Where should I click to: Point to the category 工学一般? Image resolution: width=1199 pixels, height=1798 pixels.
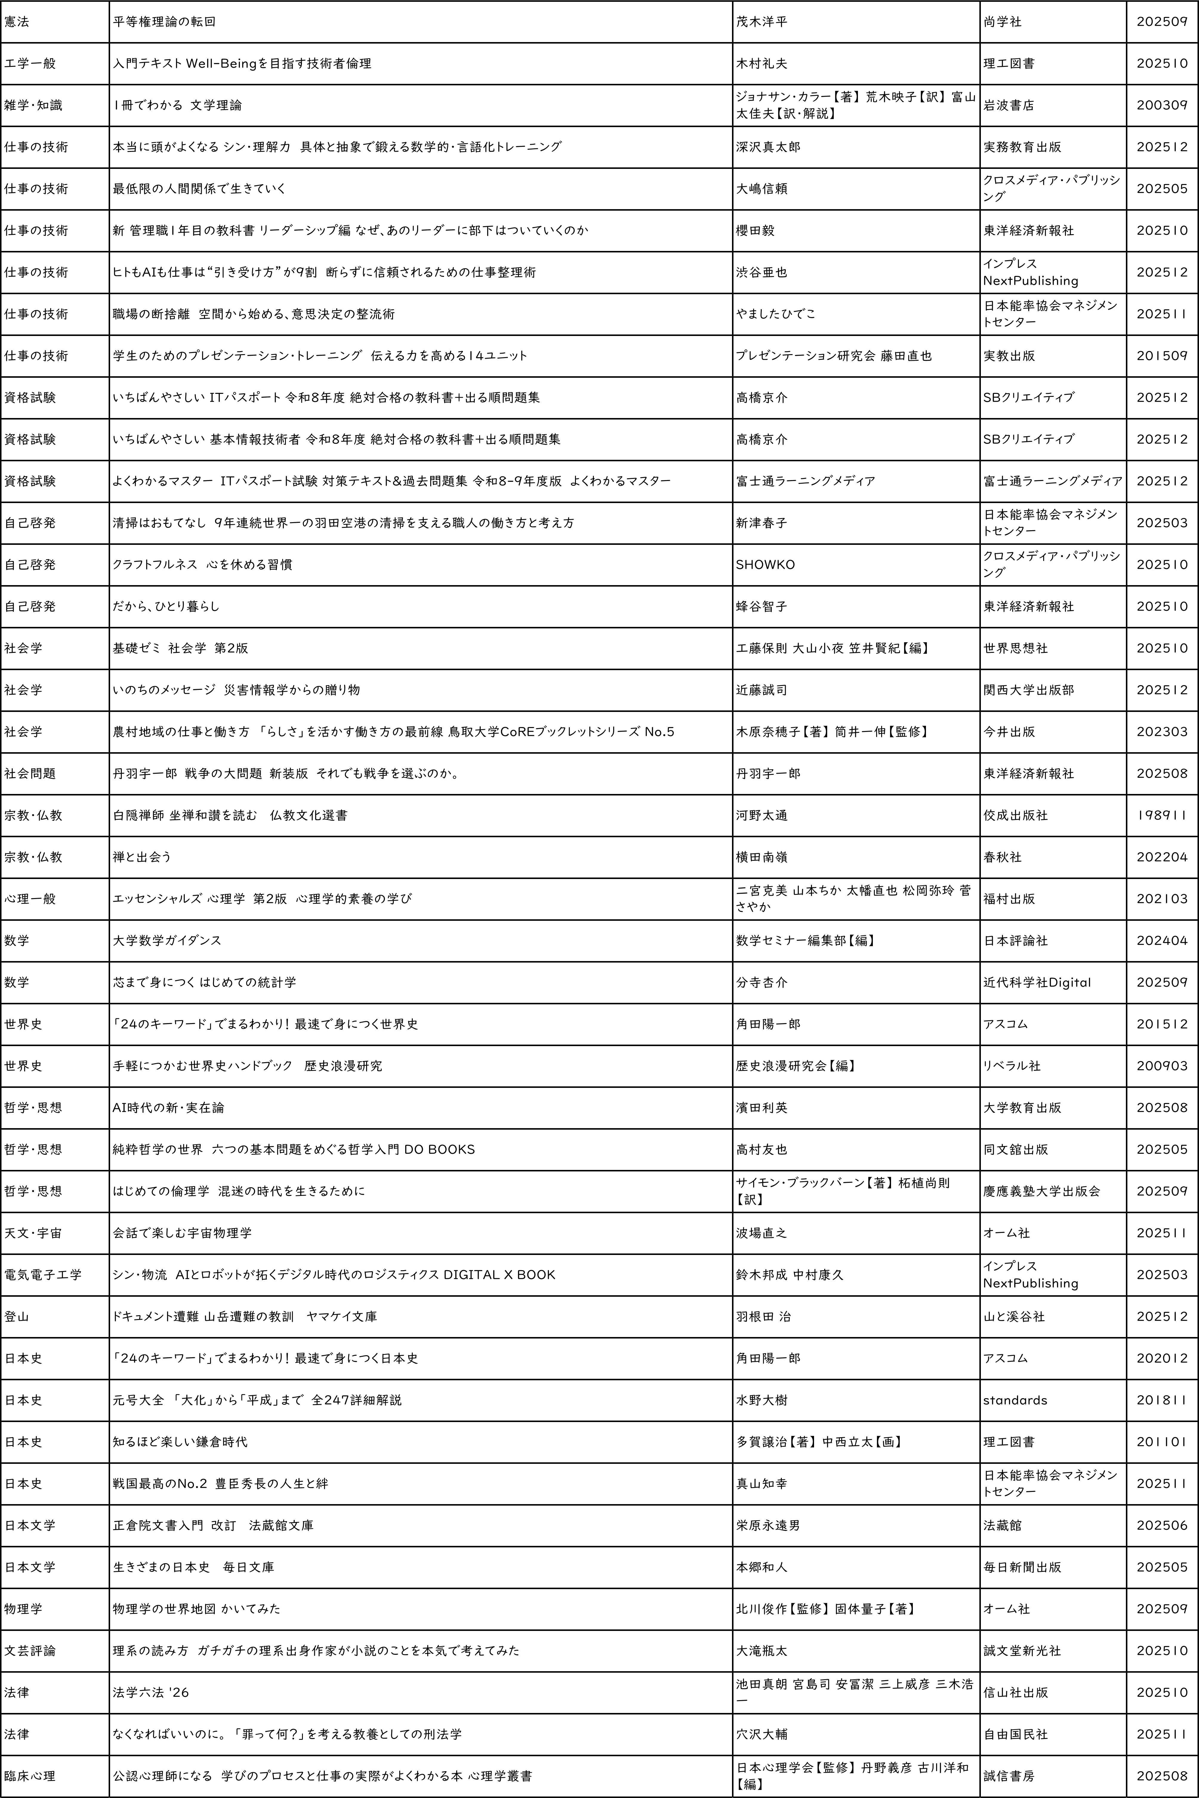(x=30, y=64)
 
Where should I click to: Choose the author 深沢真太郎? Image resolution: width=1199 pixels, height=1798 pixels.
(x=768, y=147)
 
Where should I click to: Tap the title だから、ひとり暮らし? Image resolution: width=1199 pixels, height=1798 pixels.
(x=166, y=606)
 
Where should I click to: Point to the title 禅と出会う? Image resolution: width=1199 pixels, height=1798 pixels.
(x=141, y=857)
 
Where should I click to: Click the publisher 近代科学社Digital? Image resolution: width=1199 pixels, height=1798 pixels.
(x=1037, y=982)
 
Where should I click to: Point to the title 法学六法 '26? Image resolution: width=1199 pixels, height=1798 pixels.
(x=151, y=1692)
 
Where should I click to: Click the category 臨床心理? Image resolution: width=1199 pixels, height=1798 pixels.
(x=30, y=1776)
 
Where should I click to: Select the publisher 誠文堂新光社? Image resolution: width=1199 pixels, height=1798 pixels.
(x=1022, y=1651)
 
